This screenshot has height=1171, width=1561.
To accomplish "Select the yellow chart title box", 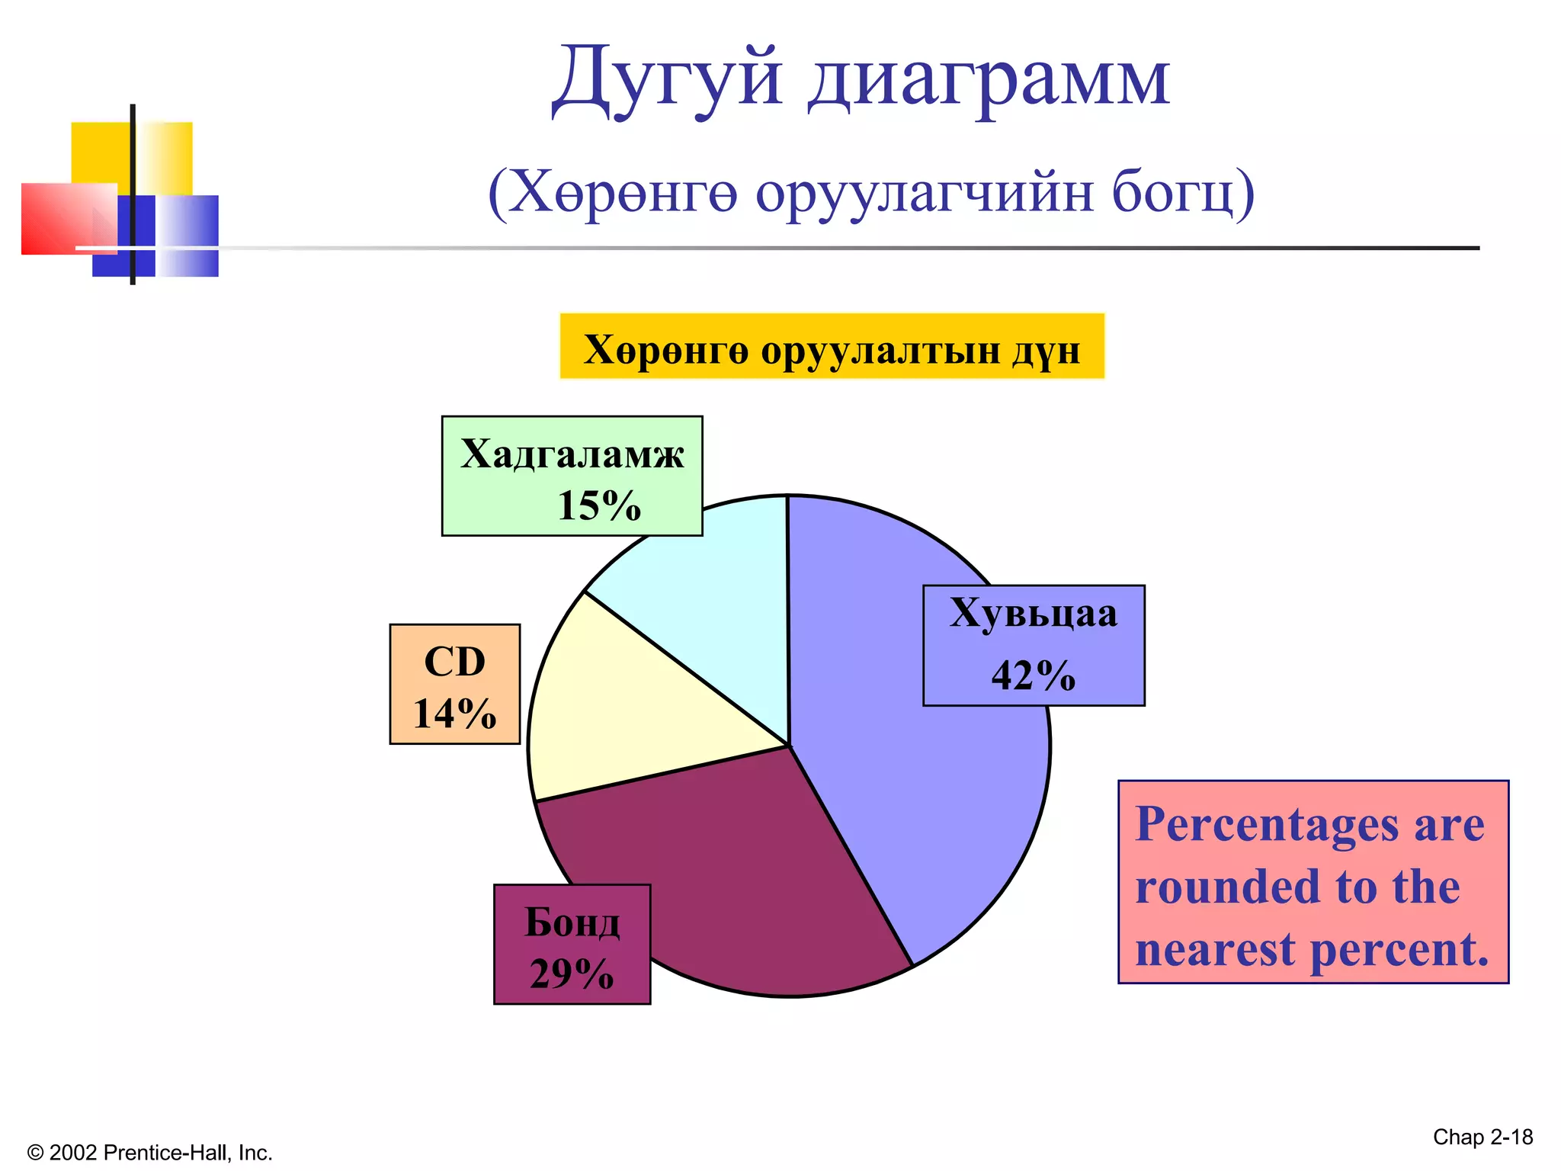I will point(832,347).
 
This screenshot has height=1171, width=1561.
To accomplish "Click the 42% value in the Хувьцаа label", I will point(1033,675).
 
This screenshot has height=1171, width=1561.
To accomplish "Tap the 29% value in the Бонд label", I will point(572,974).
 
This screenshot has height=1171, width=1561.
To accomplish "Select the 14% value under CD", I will point(454,714).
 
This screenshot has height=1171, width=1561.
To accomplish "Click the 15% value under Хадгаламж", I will point(599,505).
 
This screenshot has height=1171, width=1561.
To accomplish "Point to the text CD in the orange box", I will point(454,661).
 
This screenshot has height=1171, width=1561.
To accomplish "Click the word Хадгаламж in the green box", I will point(572,454).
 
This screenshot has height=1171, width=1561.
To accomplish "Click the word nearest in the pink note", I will point(1215,950).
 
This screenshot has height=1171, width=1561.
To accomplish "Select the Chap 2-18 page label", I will point(1482,1137).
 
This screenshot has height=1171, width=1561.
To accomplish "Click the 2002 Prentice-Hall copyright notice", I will point(149,1153).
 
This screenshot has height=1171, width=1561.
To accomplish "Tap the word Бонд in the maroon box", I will point(572,923).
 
